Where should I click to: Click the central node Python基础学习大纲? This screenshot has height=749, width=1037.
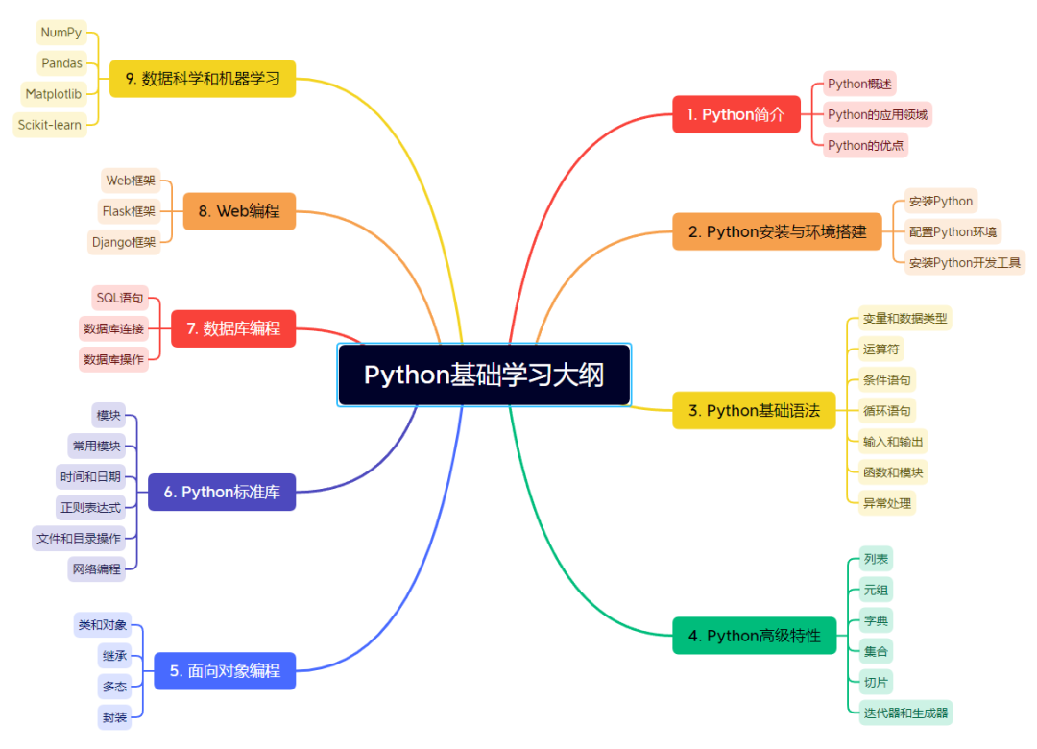[484, 374]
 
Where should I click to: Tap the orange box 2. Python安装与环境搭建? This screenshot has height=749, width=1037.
[777, 231]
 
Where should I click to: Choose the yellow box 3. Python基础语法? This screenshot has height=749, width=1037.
[754, 410]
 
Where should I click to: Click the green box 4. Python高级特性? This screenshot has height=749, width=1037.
[754, 636]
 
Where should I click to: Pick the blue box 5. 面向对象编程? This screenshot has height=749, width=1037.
[225, 670]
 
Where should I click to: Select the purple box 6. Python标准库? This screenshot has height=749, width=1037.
[222, 492]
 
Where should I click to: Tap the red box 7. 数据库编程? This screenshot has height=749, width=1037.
[233, 328]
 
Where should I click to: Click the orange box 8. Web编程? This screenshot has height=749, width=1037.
[239, 211]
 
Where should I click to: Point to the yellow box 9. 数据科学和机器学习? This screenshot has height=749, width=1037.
[203, 79]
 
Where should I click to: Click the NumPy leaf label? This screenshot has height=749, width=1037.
[60, 33]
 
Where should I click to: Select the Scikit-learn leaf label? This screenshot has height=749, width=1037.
[50, 125]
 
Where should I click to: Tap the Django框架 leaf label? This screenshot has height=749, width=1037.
[123, 242]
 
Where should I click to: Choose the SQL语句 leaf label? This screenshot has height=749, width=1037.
[120, 298]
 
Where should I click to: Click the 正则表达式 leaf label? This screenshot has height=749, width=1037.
[90, 507]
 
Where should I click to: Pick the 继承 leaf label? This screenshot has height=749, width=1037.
[114, 656]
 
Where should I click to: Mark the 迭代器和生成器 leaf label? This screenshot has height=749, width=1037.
[905, 713]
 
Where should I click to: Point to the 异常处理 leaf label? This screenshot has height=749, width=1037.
[886, 502]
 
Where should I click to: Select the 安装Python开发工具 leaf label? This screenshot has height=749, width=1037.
[964, 262]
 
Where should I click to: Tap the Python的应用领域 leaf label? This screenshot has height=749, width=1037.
[878, 115]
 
